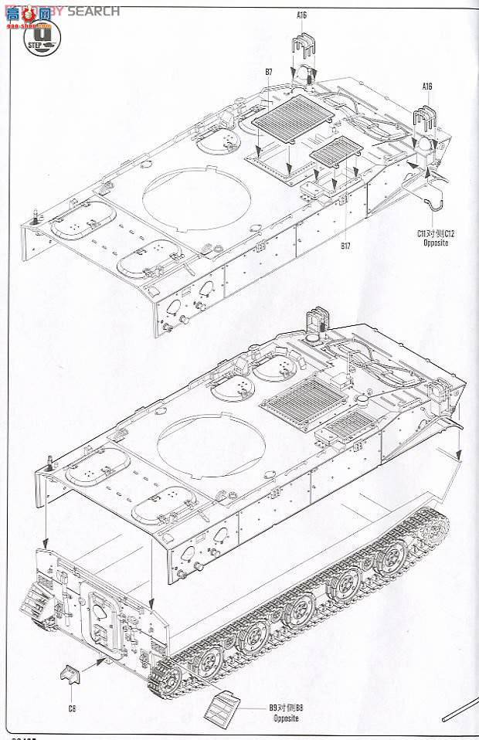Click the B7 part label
268,72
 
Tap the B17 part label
345,246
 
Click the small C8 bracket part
70,677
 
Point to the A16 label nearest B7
300,15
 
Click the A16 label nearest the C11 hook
427,86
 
